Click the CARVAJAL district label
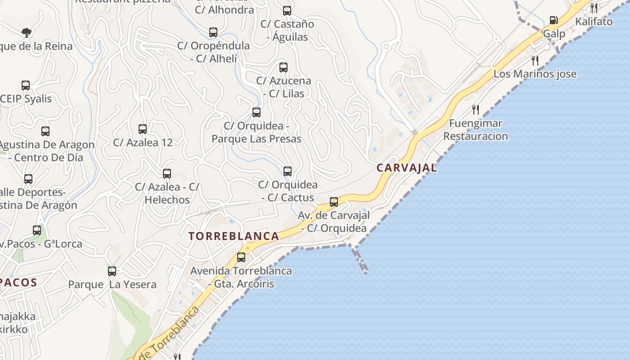[x=406, y=168]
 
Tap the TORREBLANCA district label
[x=234, y=236]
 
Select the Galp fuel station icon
[x=553, y=20]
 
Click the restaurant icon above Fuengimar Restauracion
[x=475, y=109]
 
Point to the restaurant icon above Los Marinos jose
[x=535, y=60]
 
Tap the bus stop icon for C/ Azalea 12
[x=143, y=129]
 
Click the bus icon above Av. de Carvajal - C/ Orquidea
[x=333, y=202]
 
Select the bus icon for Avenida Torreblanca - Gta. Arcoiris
[x=241, y=257]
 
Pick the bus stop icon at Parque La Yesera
[x=112, y=271]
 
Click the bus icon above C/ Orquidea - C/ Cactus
[x=288, y=171]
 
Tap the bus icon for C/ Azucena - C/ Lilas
[x=283, y=67]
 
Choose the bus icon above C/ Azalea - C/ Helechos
[x=167, y=174]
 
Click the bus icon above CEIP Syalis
[x=26, y=85]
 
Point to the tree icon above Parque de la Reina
[x=27, y=32]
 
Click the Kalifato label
[x=594, y=21]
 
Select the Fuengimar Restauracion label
[x=476, y=130]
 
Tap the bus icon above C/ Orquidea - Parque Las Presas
[x=256, y=112]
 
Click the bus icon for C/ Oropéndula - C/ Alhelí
[x=213, y=32]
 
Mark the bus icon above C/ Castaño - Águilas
[x=287, y=11]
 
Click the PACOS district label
[x=18, y=283]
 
